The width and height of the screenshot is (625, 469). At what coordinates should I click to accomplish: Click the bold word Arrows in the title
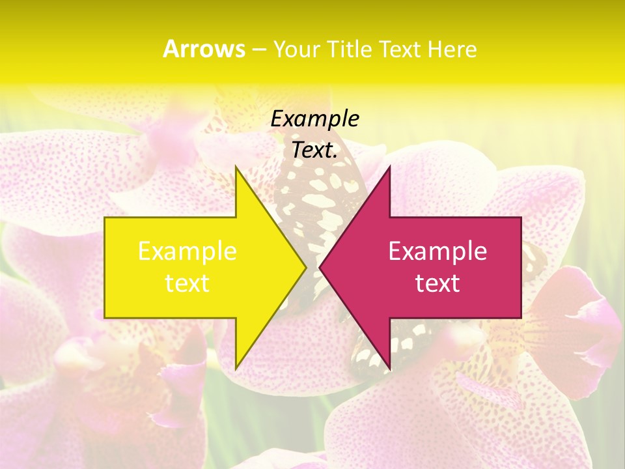(x=204, y=49)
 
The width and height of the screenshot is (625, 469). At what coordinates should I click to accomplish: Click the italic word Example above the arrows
(x=315, y=119)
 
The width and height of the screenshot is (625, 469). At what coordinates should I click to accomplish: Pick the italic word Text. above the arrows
(x=315, y=150)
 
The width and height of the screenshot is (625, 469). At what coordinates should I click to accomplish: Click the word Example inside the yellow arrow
(x=187, y=251)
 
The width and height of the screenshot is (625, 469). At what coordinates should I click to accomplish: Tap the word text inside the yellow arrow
(x=187, y=283)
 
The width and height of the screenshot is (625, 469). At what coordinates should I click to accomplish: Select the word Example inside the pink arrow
(x=437, y=251)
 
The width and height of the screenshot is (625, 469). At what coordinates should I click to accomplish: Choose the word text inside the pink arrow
(x=437, y=283)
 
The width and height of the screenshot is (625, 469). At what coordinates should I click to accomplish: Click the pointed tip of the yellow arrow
(x=306, y=267)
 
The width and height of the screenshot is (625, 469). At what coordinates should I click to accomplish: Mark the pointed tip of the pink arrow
(x=320, y=267)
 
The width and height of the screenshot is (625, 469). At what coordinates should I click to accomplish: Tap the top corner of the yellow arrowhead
(x=236, y=167)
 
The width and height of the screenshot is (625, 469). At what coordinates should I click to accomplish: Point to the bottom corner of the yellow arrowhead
(x=236, y=368)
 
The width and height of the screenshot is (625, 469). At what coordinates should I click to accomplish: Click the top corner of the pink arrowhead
(x=389, y=167)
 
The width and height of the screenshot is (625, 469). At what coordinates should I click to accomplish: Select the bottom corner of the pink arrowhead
(x=389, y=368)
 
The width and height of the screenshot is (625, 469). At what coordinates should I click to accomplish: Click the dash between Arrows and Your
(x=258, y=50)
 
